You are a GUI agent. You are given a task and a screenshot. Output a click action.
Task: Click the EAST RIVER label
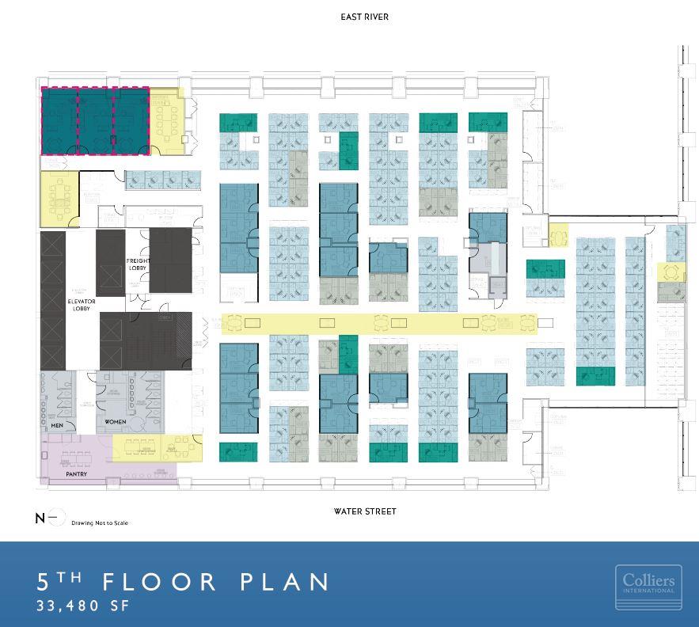point(364,17)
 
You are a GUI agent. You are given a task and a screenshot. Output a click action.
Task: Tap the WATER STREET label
point(364,511)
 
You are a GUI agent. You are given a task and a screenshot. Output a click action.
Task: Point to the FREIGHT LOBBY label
point(138,265)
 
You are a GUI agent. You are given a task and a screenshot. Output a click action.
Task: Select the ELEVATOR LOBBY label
point(82,306)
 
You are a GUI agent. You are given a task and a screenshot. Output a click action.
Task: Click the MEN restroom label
point(57,426)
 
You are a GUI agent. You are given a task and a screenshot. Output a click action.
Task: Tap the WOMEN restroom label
point(116,422)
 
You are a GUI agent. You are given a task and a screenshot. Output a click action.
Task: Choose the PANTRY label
point(76,474)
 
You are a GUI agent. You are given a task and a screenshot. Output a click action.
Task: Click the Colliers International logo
point(648,587)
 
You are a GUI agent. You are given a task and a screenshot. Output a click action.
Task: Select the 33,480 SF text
point(82,607)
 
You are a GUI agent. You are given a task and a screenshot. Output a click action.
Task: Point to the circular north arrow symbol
point(55,519)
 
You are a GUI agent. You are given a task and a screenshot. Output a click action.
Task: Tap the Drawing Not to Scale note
point(99,523)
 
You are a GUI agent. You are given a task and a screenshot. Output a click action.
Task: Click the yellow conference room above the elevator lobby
point(60,194)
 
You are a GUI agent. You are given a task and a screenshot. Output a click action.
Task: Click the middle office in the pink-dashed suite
point(96,120)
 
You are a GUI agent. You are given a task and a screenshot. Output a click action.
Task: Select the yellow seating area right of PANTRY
point(157,448)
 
